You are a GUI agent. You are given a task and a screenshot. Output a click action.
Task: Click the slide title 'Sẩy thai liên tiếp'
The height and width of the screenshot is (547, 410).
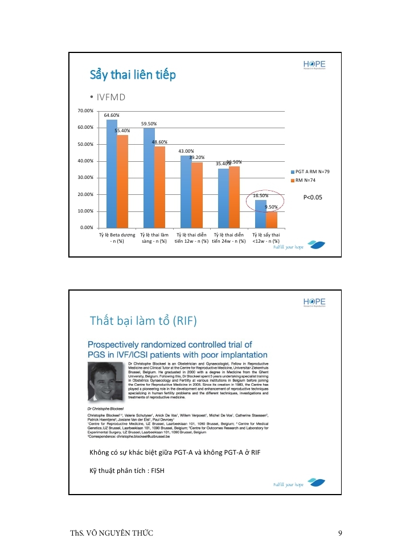coord(133,75)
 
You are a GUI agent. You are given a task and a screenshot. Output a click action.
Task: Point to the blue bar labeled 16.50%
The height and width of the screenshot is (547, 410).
coord(260,214)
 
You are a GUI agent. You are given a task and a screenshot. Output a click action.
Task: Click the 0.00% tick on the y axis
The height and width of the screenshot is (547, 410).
coord(87,228)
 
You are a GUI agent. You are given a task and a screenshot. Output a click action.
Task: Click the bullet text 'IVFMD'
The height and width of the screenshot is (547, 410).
coord(110,97)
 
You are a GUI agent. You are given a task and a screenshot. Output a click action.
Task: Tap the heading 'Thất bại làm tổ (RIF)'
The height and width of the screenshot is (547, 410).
coord(143,321)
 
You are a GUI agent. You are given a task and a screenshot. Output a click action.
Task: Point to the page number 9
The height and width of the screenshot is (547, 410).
coord(340,533)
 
